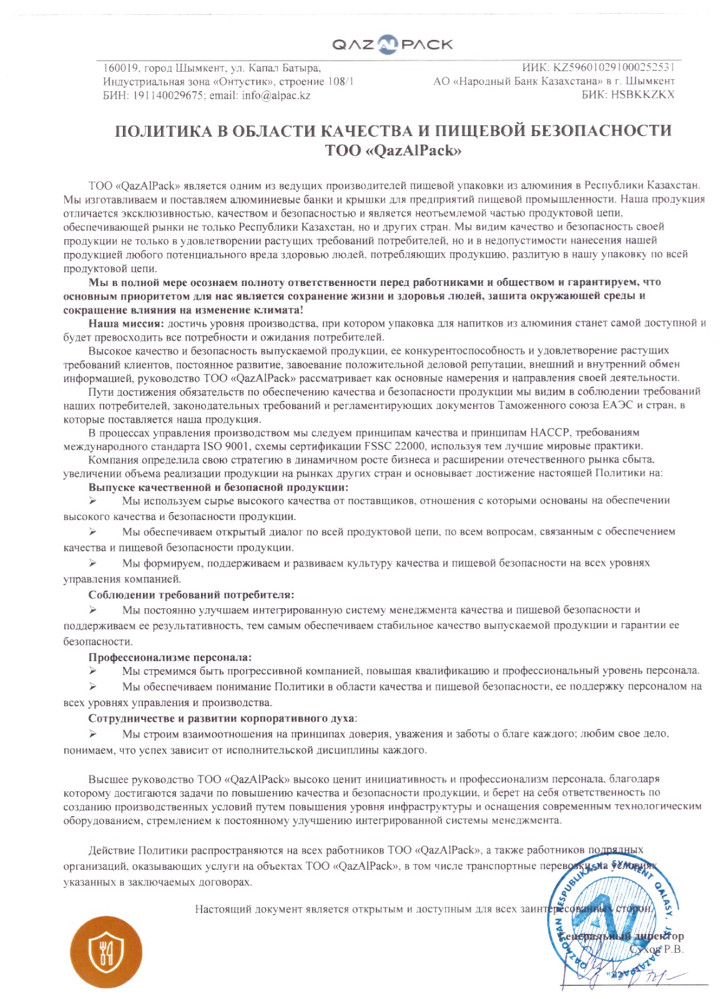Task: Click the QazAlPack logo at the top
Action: (x=393, y=44)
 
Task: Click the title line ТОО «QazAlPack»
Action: (x=393, y=150)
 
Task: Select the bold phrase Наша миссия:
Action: (x=126, y=323)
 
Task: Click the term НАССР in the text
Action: (x=549, y=432)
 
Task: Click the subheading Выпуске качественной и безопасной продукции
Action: (x=218, y=487)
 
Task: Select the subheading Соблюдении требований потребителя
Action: (x=191, y=595)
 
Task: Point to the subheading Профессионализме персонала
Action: (x=170, y=657)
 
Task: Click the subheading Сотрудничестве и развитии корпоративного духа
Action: (x=222, y=718)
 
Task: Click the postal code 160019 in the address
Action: (x=119, y=68)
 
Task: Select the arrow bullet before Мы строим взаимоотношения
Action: (x=92, y=734)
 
